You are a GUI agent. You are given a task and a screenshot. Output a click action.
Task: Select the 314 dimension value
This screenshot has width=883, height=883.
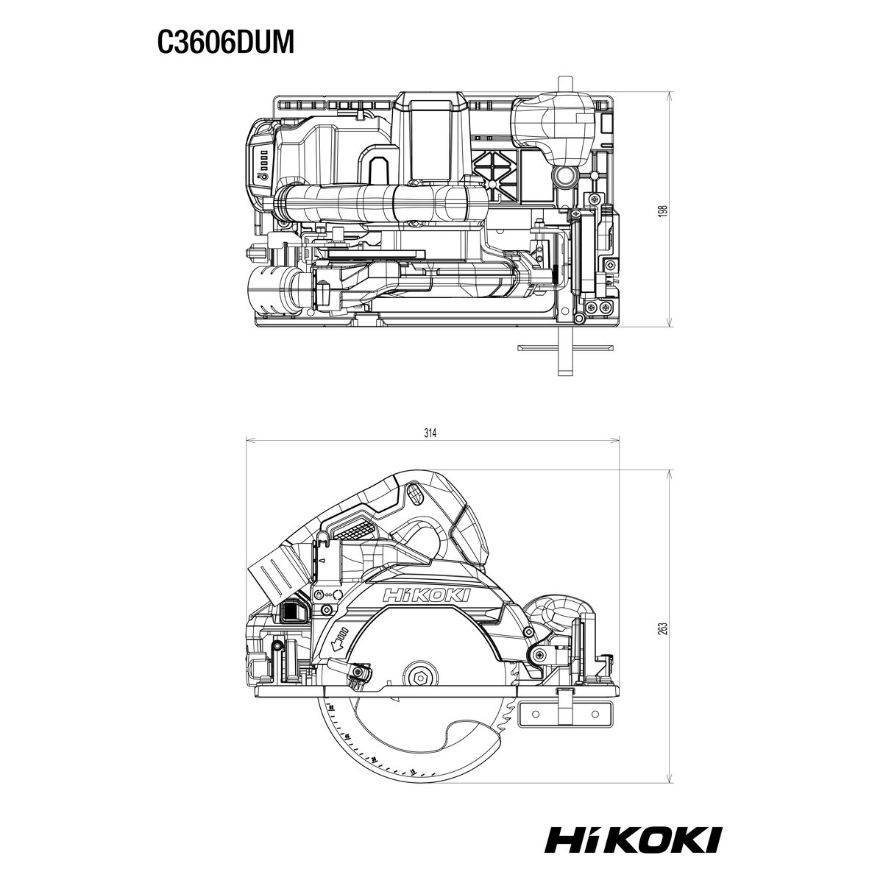(x=430, y=433)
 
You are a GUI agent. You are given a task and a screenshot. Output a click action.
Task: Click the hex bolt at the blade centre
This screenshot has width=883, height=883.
(x=419, y=677)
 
